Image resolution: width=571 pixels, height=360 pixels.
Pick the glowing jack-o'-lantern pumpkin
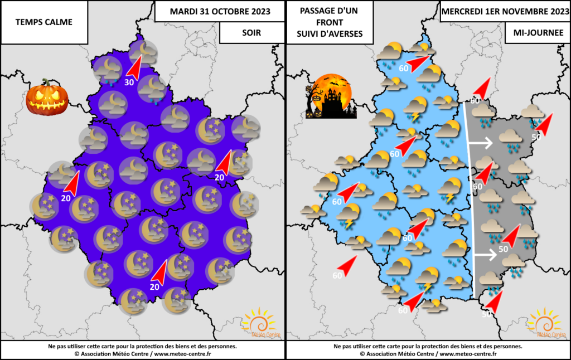(x=47, y=97)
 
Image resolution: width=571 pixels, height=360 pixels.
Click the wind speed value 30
(x=128, y=82)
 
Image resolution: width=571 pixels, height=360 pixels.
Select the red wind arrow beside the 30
(x=134, y=66)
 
